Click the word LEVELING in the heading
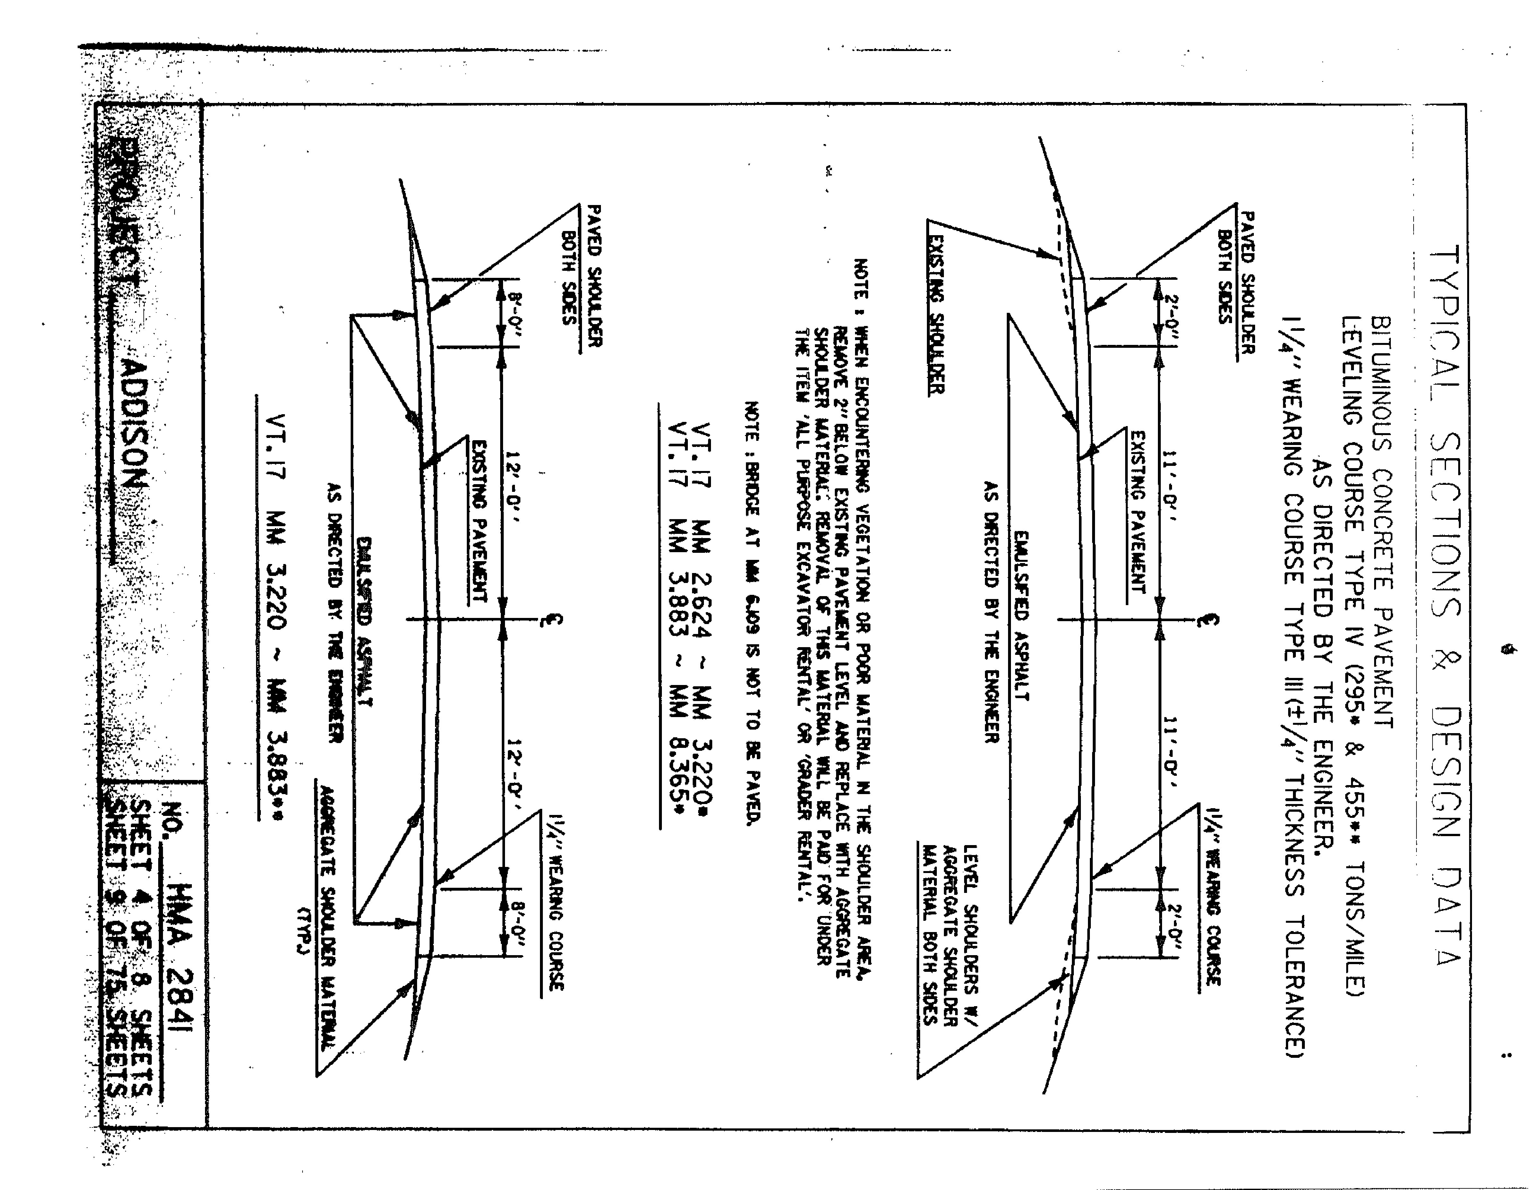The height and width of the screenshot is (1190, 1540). [1350, 370]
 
